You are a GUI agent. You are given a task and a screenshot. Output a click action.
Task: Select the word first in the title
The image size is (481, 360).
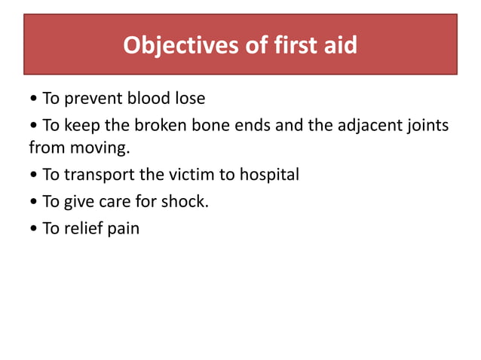tap(291, 46)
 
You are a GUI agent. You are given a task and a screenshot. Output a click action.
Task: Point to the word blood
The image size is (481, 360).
tap(148, 99)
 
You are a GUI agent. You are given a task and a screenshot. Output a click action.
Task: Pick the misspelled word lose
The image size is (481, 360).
tap(189, 99)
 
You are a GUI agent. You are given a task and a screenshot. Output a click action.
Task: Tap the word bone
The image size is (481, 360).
tap(204, 124)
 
